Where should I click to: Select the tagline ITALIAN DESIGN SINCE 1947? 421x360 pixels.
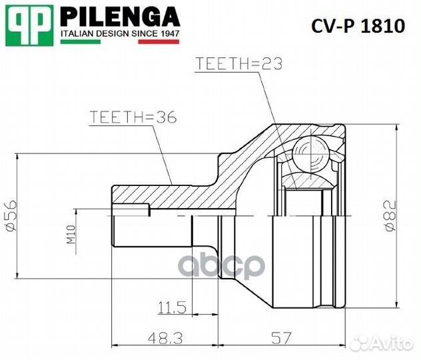(x=120, y=32)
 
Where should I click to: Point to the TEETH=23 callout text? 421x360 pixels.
(x=239, y=63)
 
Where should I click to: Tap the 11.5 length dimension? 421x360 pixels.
(x=171, y=308)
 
